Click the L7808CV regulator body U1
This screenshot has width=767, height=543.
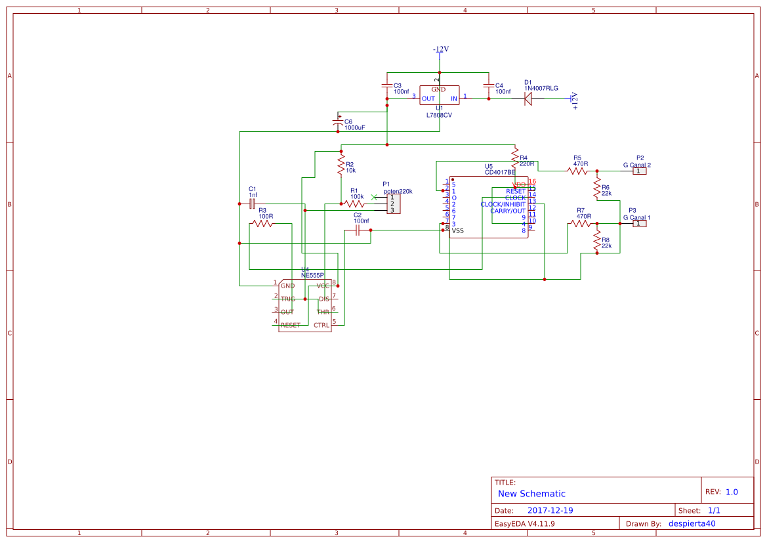(439, 95)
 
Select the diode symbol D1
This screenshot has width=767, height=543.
(528, 98)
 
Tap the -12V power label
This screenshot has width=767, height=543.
(440, 50)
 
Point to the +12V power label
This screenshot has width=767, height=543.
(575, 100)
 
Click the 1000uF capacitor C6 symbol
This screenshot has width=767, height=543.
(339, 123)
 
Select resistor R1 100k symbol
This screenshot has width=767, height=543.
(356, 204)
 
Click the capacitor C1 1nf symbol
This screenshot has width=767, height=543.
(252, 204)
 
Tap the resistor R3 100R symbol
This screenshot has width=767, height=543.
(262, 224)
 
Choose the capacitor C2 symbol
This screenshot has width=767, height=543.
(358, 230)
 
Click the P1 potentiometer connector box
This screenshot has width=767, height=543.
(393, 204)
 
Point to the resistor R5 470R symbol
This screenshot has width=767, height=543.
(577, 171)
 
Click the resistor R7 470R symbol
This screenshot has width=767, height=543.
(581, 224)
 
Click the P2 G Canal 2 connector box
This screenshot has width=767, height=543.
(640, 171)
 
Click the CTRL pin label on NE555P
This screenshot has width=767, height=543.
(321, 325)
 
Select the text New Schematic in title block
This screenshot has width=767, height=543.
(531, 494)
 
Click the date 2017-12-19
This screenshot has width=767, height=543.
(550, 510)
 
